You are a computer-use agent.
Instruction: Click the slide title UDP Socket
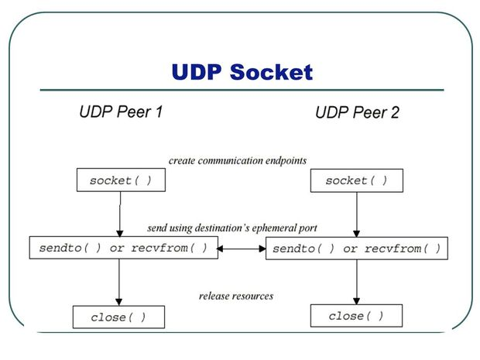click(x=242, y=72)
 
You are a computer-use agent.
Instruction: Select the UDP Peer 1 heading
click(x=121, y=111)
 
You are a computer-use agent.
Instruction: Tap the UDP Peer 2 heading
click(x=357, y=113)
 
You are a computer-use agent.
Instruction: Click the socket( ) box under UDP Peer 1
click(x=120, y=180)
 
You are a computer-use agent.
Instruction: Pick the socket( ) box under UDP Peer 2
click(x=356, y=180)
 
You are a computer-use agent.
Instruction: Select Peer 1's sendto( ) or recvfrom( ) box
click(x=123, y=249)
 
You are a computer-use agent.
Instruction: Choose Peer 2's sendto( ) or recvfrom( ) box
click(x=357, y=249)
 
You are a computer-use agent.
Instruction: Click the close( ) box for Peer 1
click(x=118, y=317)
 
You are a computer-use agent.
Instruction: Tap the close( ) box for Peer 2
click(x=356, y=316)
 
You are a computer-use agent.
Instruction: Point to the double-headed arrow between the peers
click(x=242, y=249)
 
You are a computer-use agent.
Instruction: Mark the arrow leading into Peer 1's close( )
click(x=118, y=283)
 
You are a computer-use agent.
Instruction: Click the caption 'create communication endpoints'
click(x=238, y=161)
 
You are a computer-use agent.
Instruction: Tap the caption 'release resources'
click(x=236, y=296)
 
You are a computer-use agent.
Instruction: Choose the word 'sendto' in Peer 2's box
click(x=297, y=249)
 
